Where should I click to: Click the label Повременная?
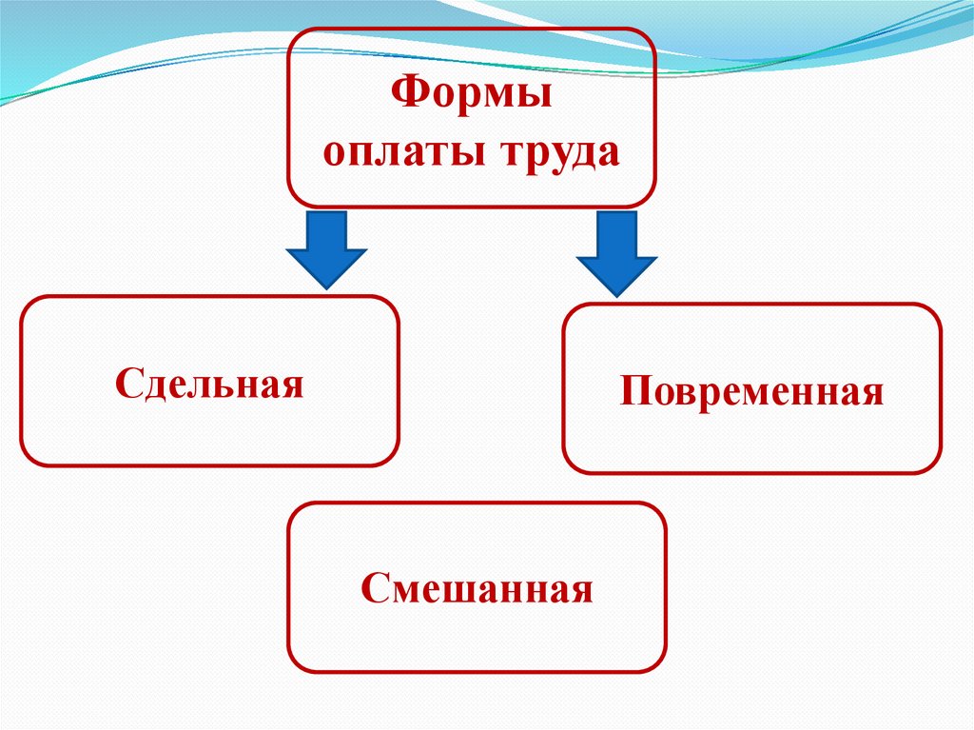(751, 392)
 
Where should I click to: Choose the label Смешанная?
(477, 588)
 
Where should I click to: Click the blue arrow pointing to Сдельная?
(327, 249)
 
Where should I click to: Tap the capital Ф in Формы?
(407, 96)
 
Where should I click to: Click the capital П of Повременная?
(634, 391)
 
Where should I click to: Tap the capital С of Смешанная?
(373, 587)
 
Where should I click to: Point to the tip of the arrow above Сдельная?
(327, 286)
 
